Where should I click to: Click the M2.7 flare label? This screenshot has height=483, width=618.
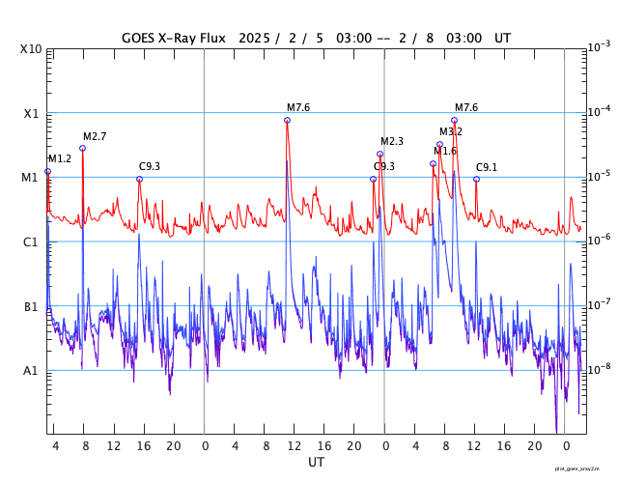coord(95,137)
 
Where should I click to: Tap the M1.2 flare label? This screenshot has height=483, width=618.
coord(60,158)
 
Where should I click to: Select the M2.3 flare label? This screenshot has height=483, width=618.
coord(392,142)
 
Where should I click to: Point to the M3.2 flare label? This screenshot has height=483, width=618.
coord(451,131)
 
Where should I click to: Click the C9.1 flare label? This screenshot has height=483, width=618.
coord(487,167)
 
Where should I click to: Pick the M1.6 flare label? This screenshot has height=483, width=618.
coord(445,151)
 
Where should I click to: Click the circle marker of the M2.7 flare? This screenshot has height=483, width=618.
coord(82,148)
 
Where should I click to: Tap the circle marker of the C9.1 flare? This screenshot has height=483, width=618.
coord(476,179)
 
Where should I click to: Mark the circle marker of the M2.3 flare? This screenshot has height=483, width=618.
coord(379,154)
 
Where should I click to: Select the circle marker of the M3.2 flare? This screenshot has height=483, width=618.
coord(439,144)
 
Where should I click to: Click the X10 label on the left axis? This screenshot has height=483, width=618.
coord(31,49)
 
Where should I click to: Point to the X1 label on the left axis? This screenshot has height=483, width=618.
coord(31,113)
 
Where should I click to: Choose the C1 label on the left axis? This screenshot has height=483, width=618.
coord(31,241)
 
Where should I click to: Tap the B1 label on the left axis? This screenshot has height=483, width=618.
coord(31,306)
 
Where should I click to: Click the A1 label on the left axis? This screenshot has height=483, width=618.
coord(31,370)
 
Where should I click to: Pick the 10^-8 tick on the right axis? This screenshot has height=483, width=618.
coord(599,369)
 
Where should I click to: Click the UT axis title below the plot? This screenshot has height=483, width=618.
coord(316,463)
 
